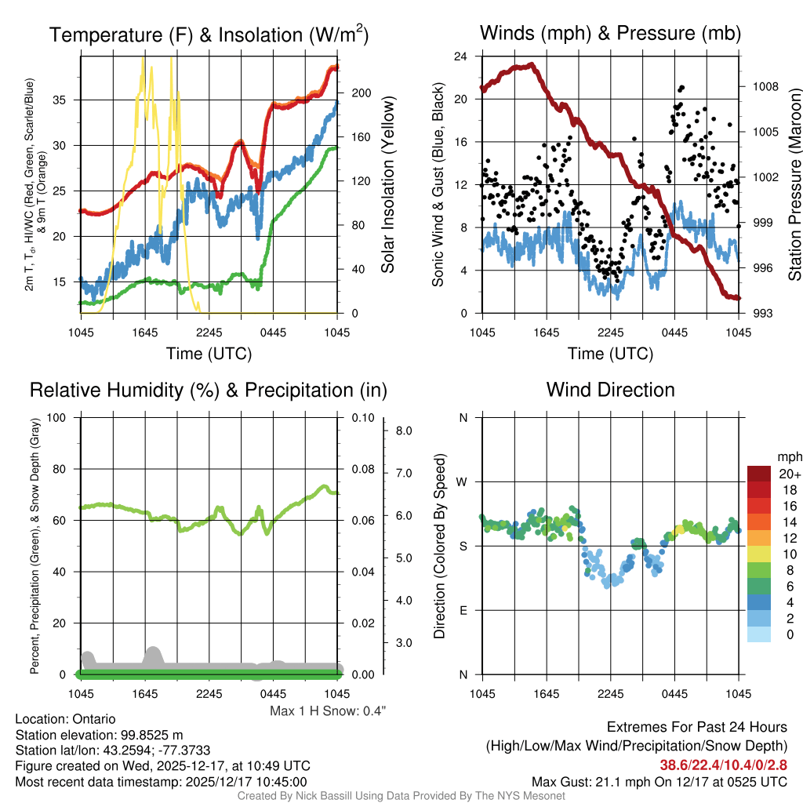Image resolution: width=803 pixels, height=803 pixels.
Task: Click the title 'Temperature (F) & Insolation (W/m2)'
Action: coord(209,35)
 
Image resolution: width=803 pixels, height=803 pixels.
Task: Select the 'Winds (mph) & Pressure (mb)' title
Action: coord(610,33)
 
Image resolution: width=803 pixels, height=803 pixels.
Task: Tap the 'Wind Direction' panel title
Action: coord(610,390)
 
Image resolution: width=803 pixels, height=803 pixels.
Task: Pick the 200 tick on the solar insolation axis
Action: coord(361,93)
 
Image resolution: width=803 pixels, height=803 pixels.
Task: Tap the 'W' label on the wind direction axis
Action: coord(463,481)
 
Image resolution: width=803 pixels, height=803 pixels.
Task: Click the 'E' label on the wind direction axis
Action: coord(463,610)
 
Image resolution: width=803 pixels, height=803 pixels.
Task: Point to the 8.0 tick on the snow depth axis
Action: coord(405,431)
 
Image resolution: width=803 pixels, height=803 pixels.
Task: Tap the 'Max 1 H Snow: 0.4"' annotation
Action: coord(328,711)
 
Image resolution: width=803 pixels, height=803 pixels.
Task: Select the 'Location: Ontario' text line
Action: coord(66,719)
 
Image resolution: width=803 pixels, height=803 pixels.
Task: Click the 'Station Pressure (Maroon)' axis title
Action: coord(794,185)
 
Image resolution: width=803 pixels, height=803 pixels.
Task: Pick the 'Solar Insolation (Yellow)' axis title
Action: coord(387,185)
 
